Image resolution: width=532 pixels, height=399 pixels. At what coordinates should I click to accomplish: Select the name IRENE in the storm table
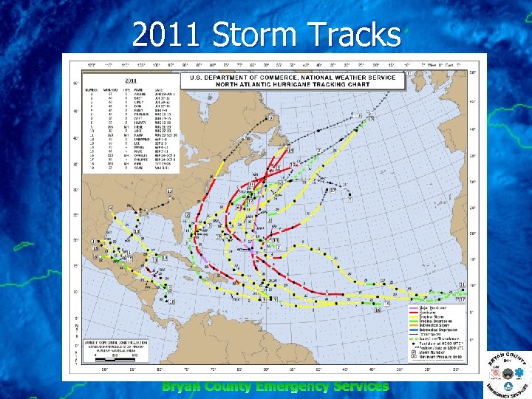click(140, 128)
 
